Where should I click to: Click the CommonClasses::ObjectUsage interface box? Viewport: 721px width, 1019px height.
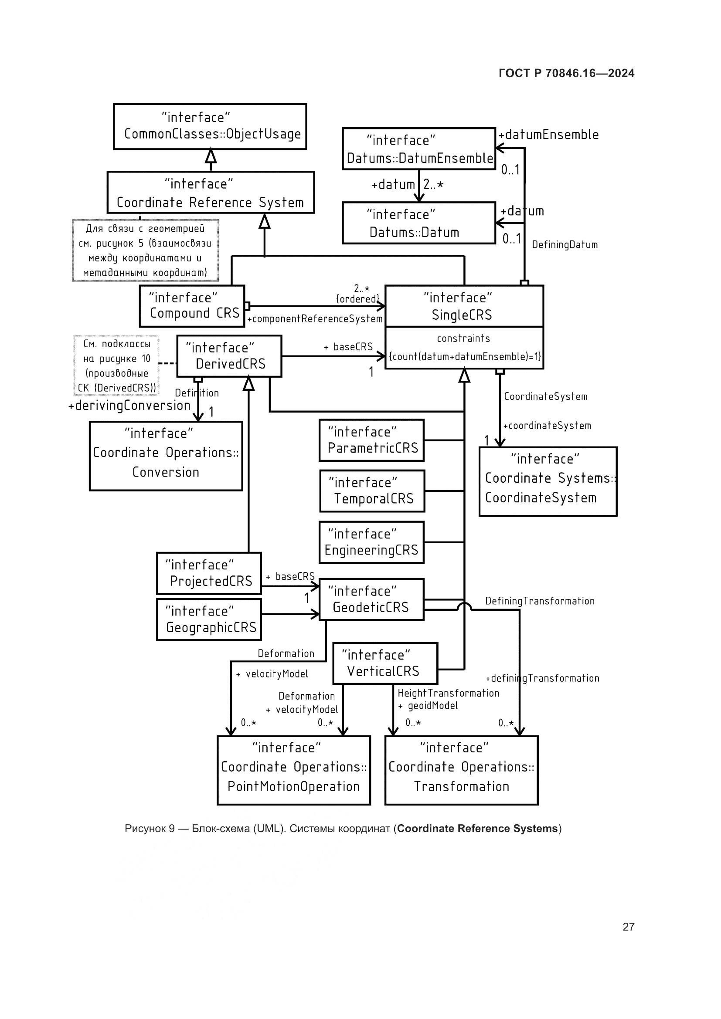(210, 126)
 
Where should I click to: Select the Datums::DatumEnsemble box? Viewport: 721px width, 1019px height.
(418, 149)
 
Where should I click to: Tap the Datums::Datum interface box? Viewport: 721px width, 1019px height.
(418, 223)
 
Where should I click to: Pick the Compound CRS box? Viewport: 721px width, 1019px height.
(192, 306)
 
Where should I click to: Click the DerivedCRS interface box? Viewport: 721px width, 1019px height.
(229, 356)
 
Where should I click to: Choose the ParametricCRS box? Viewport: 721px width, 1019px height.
(371, 440)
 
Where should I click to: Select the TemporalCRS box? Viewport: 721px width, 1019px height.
(372, 491)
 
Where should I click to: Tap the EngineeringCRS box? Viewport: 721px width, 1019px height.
(371, 542)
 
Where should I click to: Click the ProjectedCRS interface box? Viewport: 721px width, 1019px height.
(209, 573)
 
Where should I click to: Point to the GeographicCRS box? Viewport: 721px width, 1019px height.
(209, 620)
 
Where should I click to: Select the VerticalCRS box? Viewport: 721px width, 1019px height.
(385, 663)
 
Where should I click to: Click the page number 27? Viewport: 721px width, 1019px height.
(628, 927)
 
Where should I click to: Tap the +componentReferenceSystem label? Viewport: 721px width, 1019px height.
(315, 318)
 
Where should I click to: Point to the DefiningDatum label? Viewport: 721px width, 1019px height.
(564, 244)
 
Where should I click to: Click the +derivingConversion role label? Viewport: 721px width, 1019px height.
(129, 406)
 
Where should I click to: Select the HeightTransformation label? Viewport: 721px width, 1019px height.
(448, 693)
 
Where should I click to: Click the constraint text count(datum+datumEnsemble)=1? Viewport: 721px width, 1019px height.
(464, 356)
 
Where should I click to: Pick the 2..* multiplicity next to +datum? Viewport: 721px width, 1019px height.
(433, 185)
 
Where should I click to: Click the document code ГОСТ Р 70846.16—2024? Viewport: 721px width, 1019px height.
(566, 73)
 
